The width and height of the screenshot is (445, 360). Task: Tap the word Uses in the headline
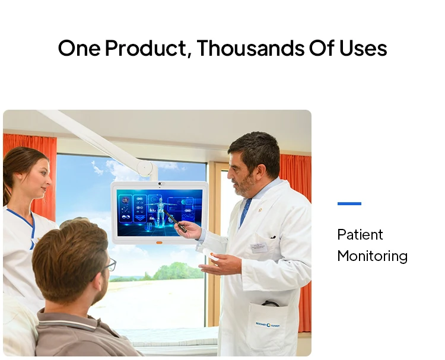[x=363, y=49]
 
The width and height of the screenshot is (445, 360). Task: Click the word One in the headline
[x=79, y=49]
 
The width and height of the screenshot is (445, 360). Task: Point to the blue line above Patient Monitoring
[x=349, y=203]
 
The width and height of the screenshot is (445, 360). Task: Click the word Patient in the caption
[x=360, y=235]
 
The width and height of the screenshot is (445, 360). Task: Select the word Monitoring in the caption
[x=372, y=256]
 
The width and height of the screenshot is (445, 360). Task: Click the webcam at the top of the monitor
[x=159, y=184]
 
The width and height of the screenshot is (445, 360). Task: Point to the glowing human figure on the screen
[x=159, y=211]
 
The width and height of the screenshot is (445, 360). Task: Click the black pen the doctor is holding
[x=177, y=224]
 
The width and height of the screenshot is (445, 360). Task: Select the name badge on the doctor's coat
[x=259, y=247]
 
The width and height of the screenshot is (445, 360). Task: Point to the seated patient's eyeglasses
[x=110, y=265]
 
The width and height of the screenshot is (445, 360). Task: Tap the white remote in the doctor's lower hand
[x=209, y=256]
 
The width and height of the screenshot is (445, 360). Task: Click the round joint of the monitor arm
[x=145, y=168]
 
